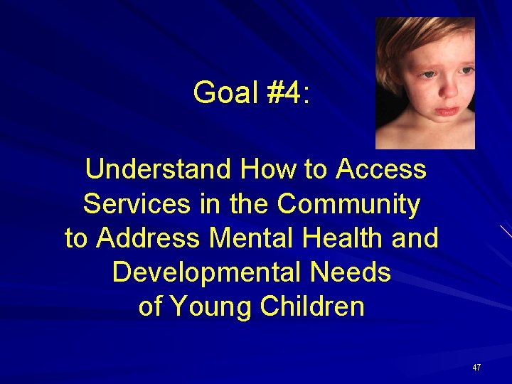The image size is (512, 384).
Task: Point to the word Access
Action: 381,170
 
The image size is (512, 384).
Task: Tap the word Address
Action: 148,238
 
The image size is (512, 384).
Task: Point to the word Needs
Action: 353,272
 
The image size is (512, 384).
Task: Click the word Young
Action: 211,306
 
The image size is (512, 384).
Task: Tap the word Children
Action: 312,306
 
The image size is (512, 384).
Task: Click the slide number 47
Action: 476,368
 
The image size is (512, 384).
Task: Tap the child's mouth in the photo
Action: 446,111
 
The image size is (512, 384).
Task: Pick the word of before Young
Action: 150,306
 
